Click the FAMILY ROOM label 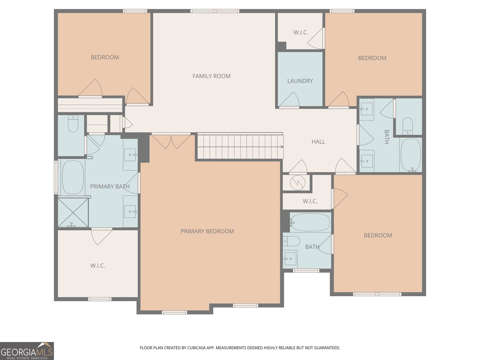[x=211, y=76]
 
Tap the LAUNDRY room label [x=300, y=81]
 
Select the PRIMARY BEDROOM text [x=207, y=231]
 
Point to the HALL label [x=318, y=142]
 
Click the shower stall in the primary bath [x=73, y=212]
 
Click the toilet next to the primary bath [x=73, y=124]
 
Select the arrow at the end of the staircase [x=282, y=147]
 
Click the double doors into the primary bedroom [x=171, y=141]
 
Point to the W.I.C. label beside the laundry [x=301, y=33]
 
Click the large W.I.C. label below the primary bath [x=98, y=266]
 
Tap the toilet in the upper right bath [x=407, y=126]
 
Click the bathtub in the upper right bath [x=411, y=154]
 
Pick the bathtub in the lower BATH [x=310, y=222]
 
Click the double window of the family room [x=215, y=11]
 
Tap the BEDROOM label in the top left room [x=105, y=57]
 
